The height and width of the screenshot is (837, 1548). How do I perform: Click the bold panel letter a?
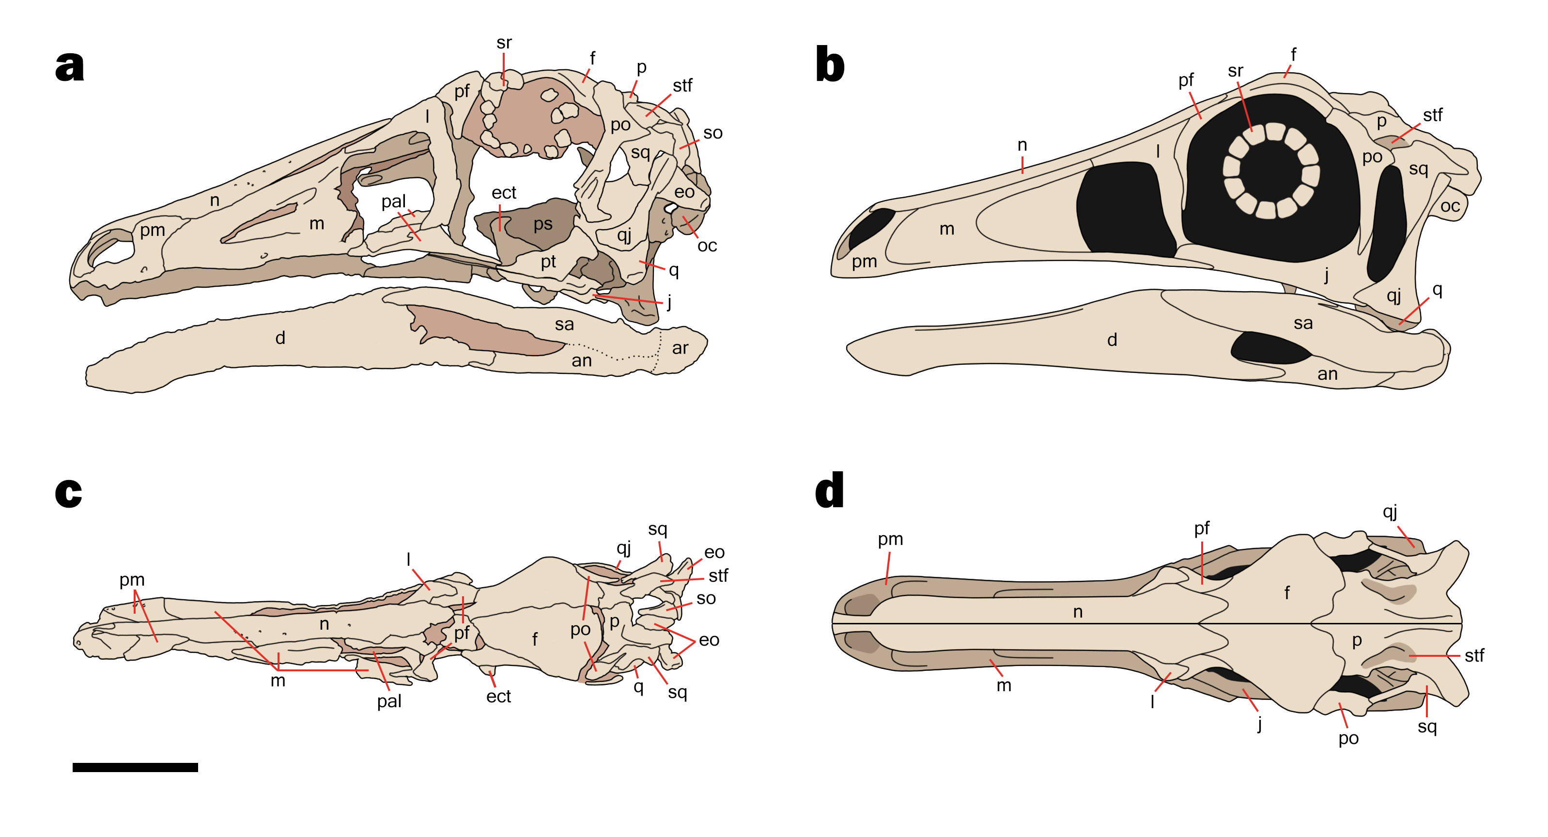[x=70, y=65]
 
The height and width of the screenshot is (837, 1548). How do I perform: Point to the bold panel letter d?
[x=830, y=490]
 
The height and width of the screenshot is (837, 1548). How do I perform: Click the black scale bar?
[x=135, y=767]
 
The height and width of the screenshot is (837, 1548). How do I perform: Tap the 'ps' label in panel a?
[x=542, y=224]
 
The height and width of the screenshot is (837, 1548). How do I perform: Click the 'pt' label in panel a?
[x=548, y=262]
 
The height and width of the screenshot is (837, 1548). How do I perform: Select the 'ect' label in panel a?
[x=504, y=192]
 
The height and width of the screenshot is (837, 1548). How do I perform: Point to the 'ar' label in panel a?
[x=680, y=348]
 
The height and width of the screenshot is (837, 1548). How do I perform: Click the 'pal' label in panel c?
[x=389, y=701]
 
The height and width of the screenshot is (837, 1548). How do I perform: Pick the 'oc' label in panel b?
[x=1450, y=206]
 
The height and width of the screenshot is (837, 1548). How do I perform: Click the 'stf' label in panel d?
[x=1474, y=655]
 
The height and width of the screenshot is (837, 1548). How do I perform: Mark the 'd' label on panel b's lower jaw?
[x=1112, y=340]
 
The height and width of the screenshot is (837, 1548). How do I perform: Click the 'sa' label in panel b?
[x=1303, y=323]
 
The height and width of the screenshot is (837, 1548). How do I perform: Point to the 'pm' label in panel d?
[x=890, y=539]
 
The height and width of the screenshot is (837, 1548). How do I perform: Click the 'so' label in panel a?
[x=712, y=133]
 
